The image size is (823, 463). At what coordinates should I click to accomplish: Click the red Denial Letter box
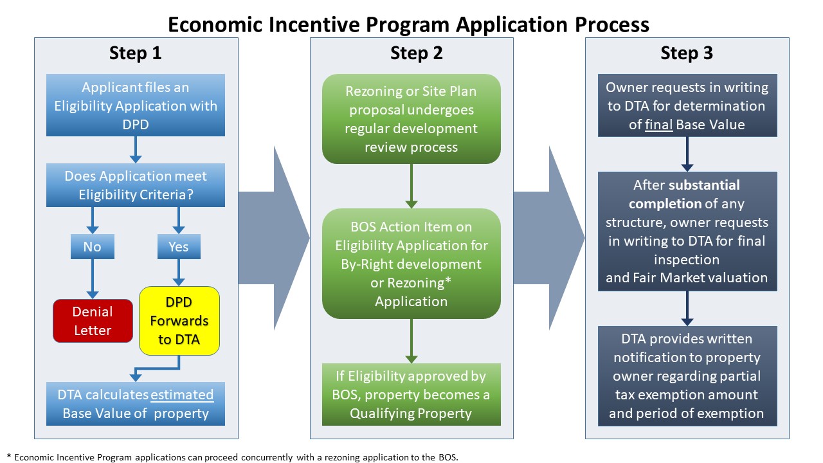[x=92, y=321]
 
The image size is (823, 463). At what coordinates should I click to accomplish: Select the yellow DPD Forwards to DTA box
[x=179, y=321]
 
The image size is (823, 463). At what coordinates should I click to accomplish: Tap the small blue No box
[x=92, y=247]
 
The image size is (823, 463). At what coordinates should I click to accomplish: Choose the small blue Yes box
[x=179, y=247]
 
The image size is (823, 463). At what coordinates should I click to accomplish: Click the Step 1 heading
[x=136, y=53]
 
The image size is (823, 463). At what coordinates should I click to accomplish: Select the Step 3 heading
[x=687, y=53]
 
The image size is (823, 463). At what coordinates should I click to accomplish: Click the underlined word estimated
[x=183, y=394]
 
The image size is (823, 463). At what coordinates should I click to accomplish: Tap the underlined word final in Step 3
[x=660, y=124]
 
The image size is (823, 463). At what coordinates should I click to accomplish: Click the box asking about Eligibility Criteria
[x=136, y=185]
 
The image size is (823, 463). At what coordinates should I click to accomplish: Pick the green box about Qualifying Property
[x=411, y=394]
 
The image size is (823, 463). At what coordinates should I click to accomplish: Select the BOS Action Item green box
[x=411, y=264]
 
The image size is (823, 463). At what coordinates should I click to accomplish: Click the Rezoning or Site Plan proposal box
[x=411, y=119]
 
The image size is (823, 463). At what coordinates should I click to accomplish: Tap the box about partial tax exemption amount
[x=687, y=376]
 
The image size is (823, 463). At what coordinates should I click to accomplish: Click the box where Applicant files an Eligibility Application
[x=136, y=105]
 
